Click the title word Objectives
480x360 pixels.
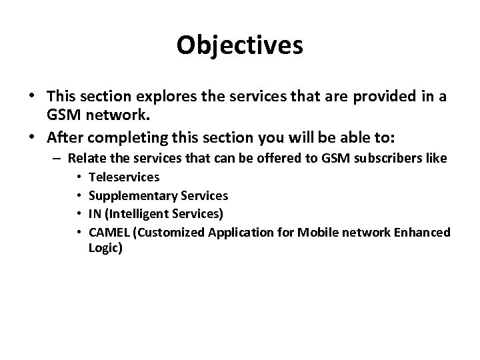pos(240,45)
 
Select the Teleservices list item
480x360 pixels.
pos(123,178)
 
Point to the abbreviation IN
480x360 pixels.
pos(95,214)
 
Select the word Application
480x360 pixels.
pos(241,232)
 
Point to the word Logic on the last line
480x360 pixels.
pos(105,247)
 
